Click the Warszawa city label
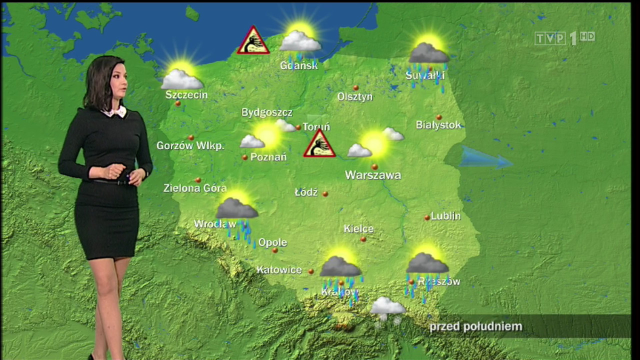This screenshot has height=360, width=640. (373, 175)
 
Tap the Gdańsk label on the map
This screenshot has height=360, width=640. (299, 65)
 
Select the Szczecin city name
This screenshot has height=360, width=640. (186, 94)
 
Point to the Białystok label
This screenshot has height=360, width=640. (438, 125)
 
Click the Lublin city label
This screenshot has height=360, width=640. (446, 216)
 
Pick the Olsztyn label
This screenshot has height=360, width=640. (355, 96)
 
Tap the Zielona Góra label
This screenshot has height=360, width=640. (195, 188)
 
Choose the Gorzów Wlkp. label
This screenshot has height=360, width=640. (190, 145)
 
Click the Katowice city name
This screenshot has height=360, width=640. (279, 270)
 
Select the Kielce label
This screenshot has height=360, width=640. (358, 229)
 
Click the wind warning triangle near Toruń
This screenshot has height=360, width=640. (319, 144)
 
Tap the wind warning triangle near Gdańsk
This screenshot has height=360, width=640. (253, 41)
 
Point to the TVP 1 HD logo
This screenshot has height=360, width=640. (564, 38)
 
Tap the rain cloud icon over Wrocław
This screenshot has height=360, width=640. (237, 212)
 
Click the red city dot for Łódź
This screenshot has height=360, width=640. (325, 193)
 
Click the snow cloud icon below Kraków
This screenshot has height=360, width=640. (387, 307)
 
